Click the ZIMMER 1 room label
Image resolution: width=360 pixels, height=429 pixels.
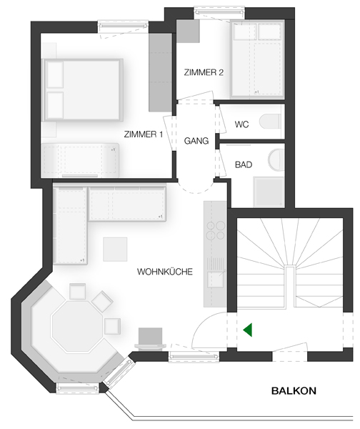point(144,134)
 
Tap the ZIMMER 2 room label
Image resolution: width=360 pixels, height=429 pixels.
point(204,72)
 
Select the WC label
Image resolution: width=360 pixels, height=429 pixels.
point(241,124)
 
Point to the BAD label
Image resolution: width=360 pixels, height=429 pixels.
point(244,164)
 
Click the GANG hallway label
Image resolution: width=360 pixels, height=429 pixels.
point(196,141)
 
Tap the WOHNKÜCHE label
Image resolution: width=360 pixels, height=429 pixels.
point(165,272)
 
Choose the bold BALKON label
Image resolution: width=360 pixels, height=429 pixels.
point(294,390)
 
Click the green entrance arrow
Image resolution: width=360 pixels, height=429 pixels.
point(247,330)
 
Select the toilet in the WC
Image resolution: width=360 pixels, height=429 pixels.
point(270,122)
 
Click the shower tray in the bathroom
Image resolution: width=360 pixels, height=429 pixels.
point(269,192)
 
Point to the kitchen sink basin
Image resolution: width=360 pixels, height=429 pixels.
point(215,280)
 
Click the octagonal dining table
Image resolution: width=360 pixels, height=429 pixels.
point(78,326)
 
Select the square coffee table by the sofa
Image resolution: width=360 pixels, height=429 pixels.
point(115,250)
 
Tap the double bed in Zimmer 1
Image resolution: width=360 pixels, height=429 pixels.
point(83,90)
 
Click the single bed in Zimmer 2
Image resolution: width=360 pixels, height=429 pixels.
point(257,59)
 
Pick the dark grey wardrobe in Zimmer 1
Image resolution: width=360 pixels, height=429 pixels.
point(160,72)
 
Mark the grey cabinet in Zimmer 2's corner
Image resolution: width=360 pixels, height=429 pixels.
point(188,31)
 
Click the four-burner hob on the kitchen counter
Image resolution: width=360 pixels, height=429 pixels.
point(216,231)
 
